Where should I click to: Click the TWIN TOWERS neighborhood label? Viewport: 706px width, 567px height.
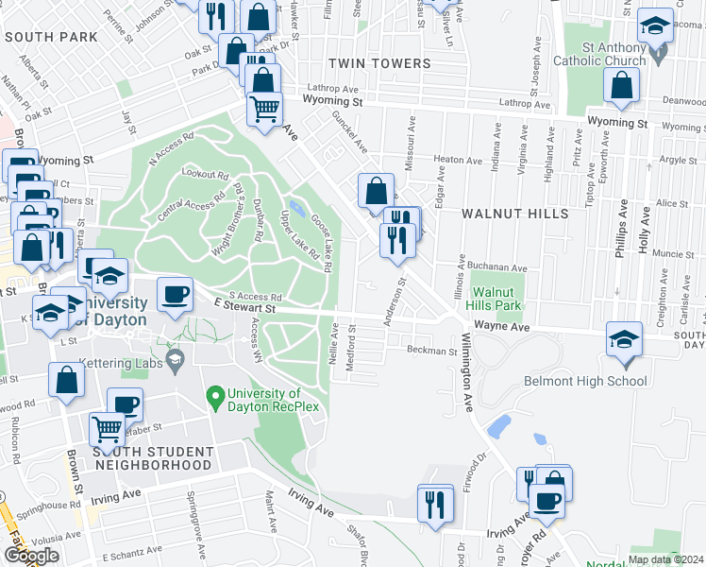[378, 63]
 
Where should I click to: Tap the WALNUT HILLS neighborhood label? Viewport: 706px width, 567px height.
[514, 214]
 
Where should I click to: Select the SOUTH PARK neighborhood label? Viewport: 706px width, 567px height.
[51, 37]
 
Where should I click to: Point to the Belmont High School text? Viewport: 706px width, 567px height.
[585, 382]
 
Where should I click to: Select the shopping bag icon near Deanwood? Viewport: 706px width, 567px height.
[622, 88]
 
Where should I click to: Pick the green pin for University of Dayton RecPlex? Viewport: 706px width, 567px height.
[216, 394]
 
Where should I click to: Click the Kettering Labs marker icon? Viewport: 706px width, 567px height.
[175, 359]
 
